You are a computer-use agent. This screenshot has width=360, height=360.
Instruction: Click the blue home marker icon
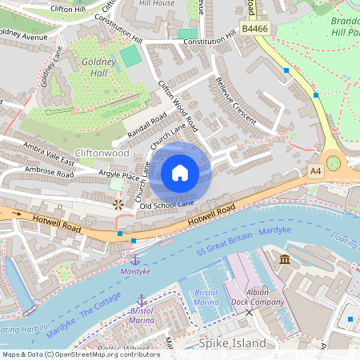click(x=180, y=173)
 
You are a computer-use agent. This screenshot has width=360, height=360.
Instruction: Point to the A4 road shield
click(x=315, y=170)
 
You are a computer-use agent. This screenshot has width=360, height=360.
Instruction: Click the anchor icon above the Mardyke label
click(x=134, y=259)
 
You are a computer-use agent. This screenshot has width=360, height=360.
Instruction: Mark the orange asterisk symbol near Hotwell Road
click(x=118, y=206)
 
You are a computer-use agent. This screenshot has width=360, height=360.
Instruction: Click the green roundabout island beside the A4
click(x=333, y=163)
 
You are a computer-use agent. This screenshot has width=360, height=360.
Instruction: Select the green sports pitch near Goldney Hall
click(x=130, y=56)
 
